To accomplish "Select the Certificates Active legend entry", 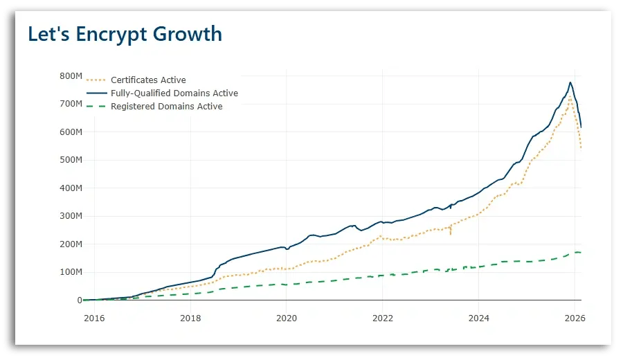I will [x=148, y=80].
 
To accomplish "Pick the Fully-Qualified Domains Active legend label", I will [x=174, y=93].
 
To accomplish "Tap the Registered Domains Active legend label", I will [x=166, y=107].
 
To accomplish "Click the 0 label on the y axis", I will [x=80, y=300].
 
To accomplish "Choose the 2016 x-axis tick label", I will [x=93, y=318].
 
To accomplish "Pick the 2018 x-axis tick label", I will [x=190, y=318].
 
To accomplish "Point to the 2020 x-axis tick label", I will [x=286, y=318].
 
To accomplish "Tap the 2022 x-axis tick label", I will [x=382, y=318].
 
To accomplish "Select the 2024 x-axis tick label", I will [x=478, y=318].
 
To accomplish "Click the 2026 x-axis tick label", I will [x=574, y=318].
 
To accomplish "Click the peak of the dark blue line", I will [x=570, y=82].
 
